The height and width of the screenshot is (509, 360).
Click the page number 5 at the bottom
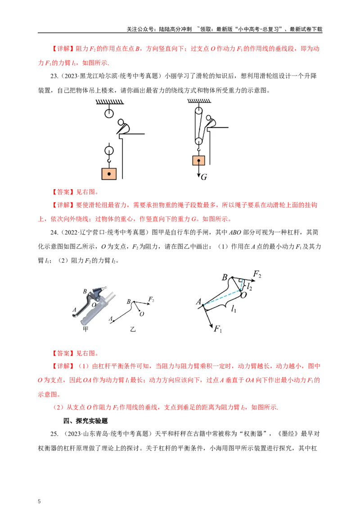point(39,501)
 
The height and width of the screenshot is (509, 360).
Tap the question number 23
point(54,76)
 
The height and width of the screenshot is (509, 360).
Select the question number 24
point(54,232)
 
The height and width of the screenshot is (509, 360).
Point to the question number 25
point(54,434)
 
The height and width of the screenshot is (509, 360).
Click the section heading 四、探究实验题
point(85,421)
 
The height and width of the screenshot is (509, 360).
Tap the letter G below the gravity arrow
point(204,177)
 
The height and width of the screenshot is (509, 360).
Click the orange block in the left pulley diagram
point(109,174)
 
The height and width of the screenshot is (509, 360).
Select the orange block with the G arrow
point(198,161)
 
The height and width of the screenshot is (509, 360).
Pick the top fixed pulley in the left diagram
point(109,113)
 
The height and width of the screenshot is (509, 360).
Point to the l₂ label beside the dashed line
point(250,286)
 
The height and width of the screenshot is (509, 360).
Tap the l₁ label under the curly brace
point(234,309)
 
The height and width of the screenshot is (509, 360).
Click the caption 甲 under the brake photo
point(85,329)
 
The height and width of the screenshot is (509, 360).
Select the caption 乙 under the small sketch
point(133,329)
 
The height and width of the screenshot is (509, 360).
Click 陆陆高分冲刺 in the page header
point(175,29)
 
